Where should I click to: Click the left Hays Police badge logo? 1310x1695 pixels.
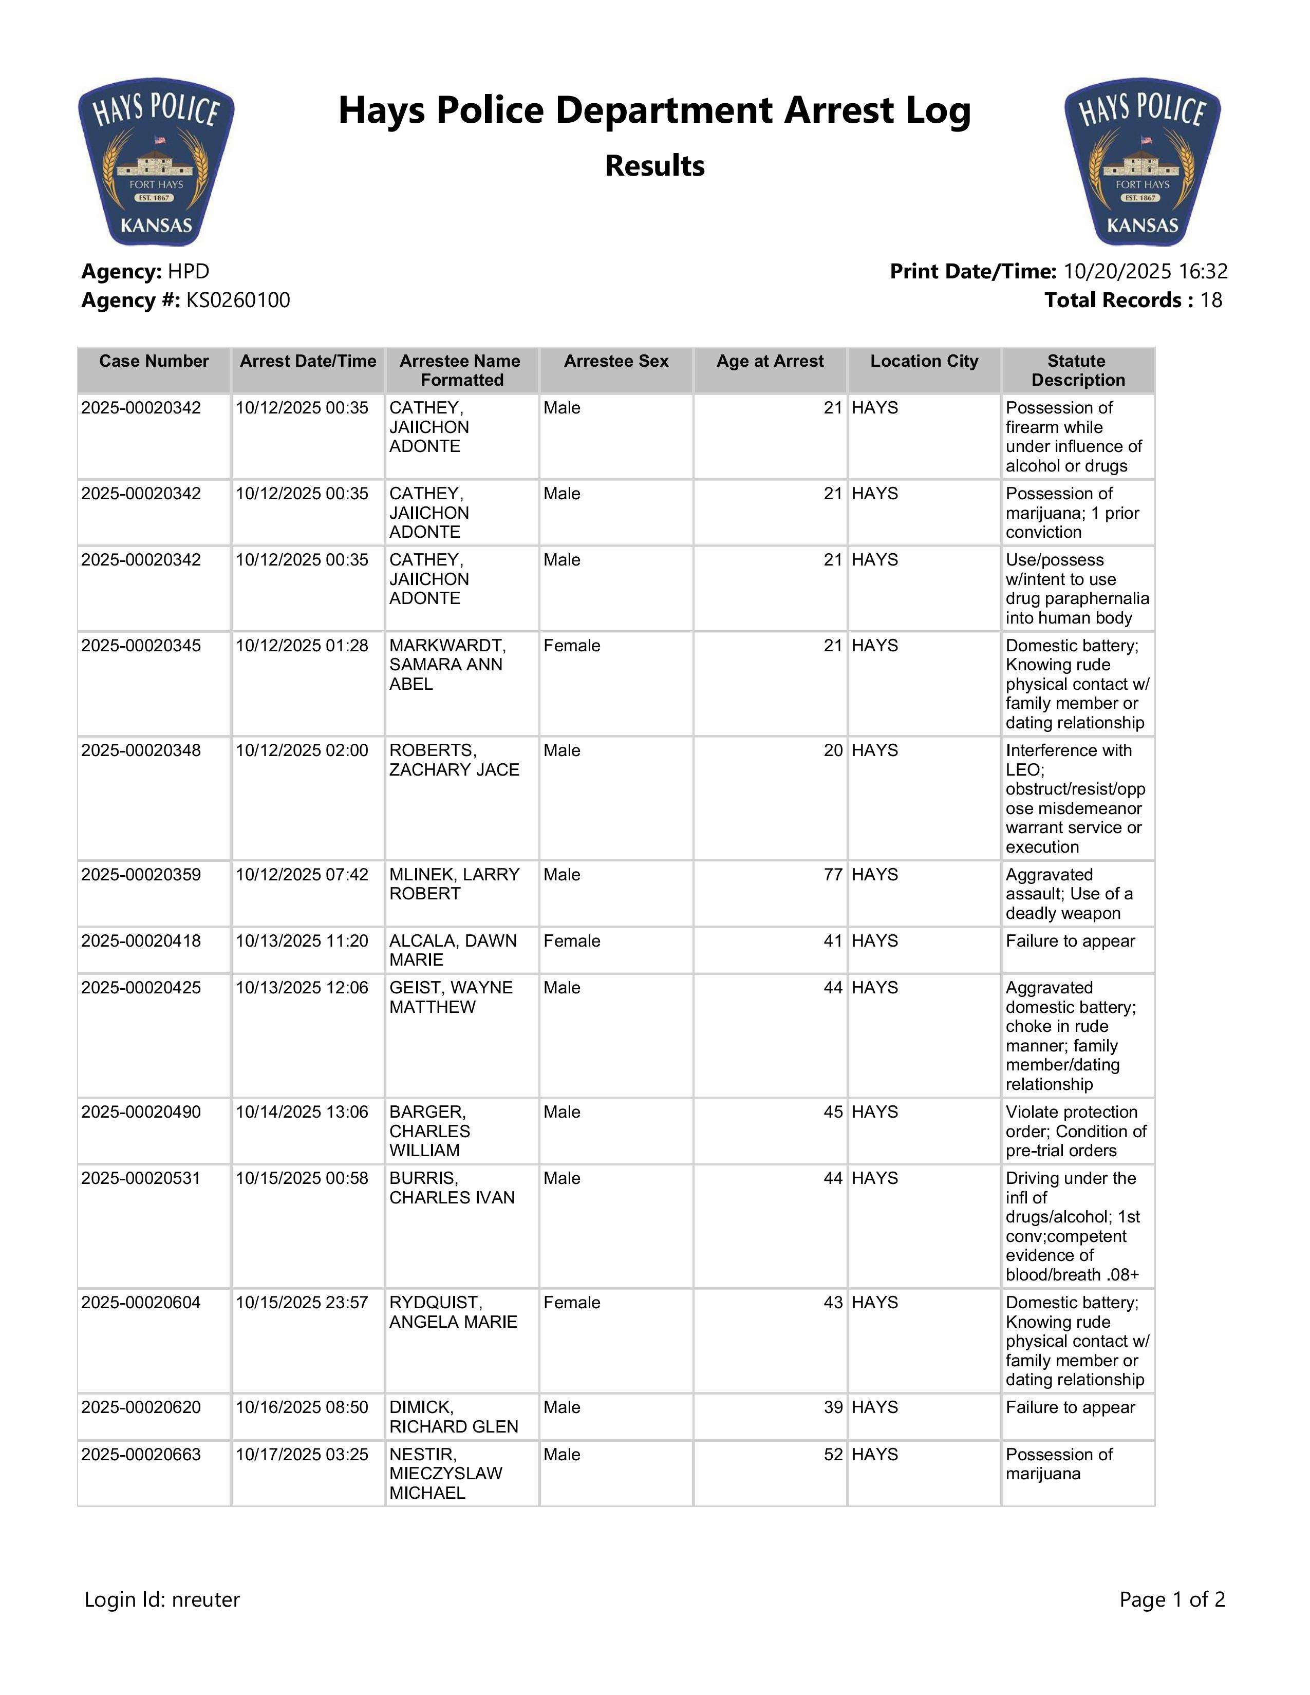pyautogui.click(x=156, y=161)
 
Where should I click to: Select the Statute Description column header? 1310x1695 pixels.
pyautogui.click(x=1077, y=370)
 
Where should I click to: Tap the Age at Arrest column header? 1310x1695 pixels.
pyautogui.click(x=770, y=361)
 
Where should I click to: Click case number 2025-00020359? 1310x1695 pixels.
pyautogui.click(x=140, y=875)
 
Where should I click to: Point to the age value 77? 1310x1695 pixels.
pyautogui.click(x=833, y=875)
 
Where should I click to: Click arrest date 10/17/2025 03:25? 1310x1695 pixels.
pyautogui.click(x=302, y=1455)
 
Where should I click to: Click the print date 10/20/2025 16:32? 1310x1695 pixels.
pyautogui.click(x=1145, y=272)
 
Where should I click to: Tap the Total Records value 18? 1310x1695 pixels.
pyautogui.click(x=1211, y=300)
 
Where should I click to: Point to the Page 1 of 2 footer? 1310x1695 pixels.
pyautogui.click(x=1172, y=1599)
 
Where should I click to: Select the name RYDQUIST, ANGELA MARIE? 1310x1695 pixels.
pyautogui.click(x=453, y=1312)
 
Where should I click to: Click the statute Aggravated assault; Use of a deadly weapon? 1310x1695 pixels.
pyautogui.click(x=1069, y=894)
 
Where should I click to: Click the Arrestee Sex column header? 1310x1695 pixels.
pyautogui.click(x=616, y=361)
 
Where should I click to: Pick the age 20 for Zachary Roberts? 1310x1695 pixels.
pyautogui.click(x=833, y=750)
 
